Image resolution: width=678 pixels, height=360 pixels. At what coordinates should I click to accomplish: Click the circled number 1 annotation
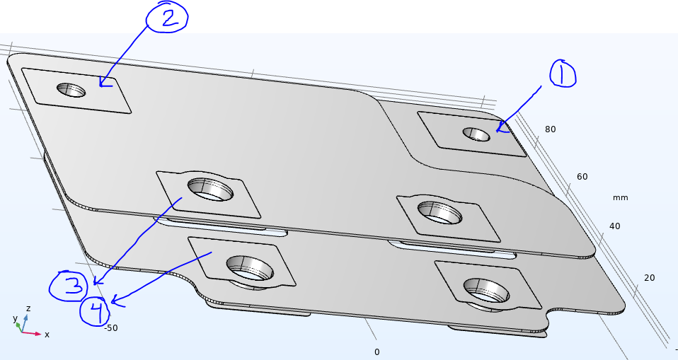coord(563,74)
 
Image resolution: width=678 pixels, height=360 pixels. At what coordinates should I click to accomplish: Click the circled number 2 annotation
coord(167,16)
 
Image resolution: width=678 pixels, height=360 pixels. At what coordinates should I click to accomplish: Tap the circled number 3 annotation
coord(69,286)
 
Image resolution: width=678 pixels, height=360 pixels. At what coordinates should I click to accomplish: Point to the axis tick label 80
coord(550,129)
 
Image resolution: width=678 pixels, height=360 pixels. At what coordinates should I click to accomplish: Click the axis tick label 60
coord(582,176)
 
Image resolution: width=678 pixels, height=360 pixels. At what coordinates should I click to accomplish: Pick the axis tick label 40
coord(614,226)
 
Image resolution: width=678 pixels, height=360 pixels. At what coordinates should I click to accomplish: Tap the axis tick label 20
coord(649,277)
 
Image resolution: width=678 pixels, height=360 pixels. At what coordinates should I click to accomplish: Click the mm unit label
coord(620,197)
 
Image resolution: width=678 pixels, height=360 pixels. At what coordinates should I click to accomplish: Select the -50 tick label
coord(110,328)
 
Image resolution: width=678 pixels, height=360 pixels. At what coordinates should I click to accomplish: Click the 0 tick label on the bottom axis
coord(377,352)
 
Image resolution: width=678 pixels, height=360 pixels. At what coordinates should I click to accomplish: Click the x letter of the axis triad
coord(47,335)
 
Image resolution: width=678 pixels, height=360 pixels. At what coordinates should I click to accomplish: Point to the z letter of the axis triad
coord(28,308)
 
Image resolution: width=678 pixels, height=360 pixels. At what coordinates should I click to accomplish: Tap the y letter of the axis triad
coord(15,318)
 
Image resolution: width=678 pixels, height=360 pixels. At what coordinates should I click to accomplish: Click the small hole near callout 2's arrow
coord(71,90)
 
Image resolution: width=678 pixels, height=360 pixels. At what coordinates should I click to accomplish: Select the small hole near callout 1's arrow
coord(476,134)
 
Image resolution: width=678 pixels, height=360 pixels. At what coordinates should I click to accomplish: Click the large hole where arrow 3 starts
coord(210,190)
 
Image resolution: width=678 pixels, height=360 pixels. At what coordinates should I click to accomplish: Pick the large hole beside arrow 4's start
coord(250,268)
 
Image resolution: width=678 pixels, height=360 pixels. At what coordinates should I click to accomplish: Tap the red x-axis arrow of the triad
coord(31,333)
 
